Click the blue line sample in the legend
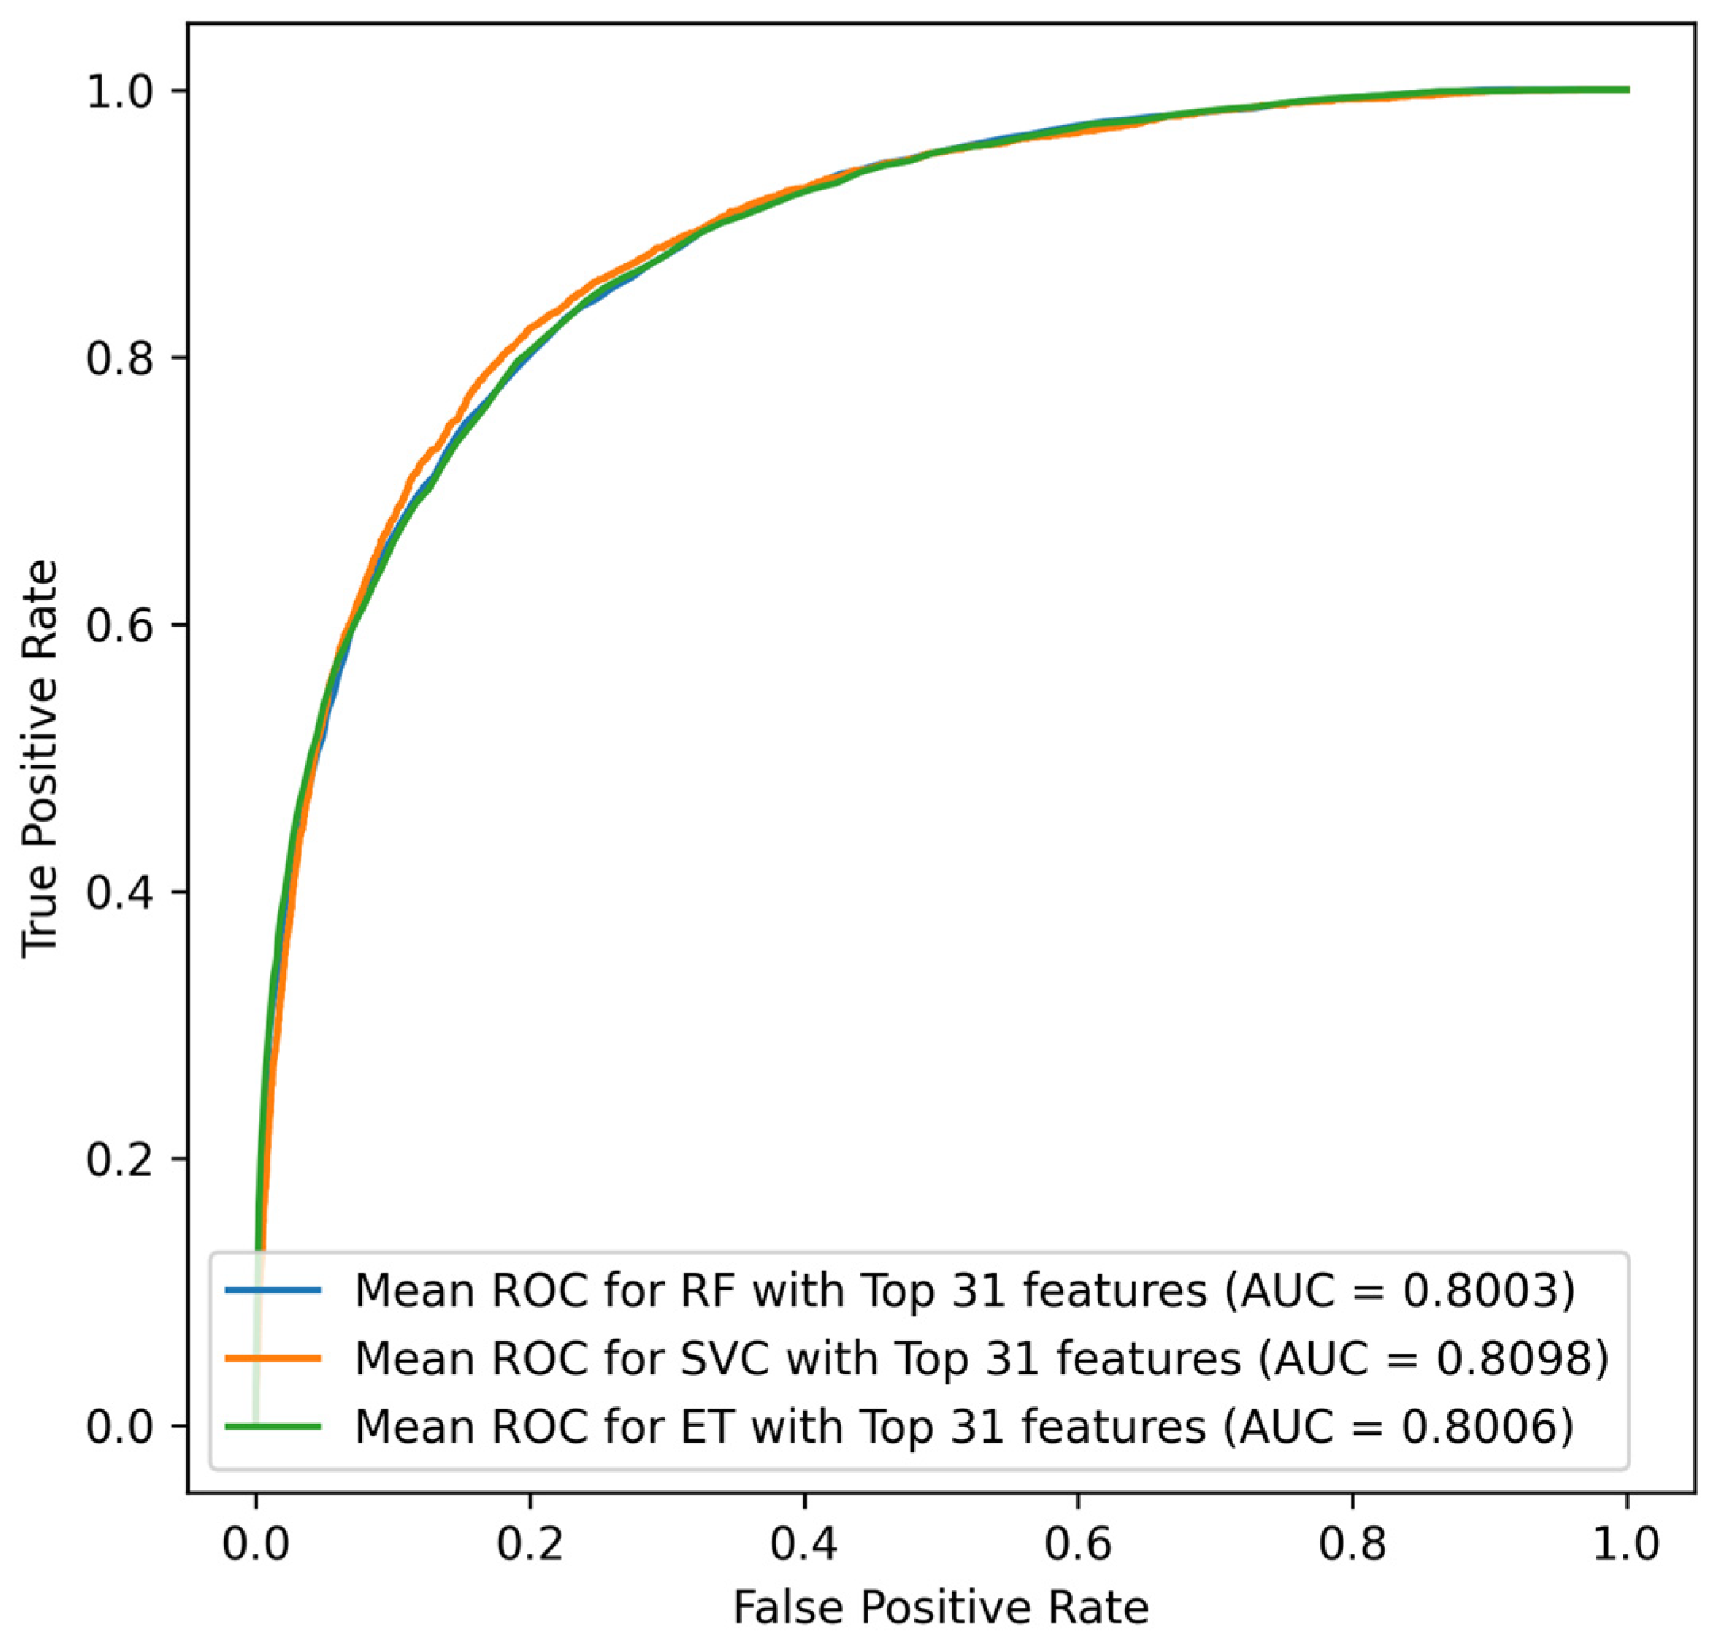[274, 1290]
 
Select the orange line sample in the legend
[274, 1359]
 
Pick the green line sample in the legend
[274, 1427]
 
